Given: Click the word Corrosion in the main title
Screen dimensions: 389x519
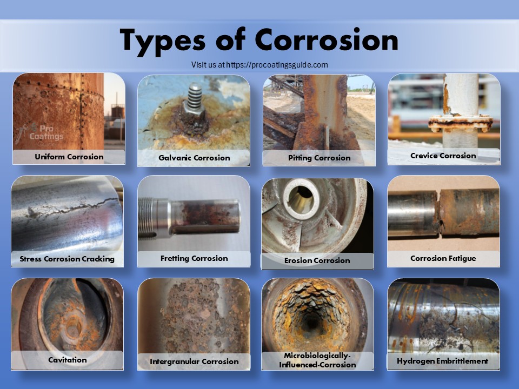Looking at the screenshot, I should click(x=326, y=40).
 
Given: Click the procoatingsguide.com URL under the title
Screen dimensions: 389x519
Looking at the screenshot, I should click(x=277, y=65).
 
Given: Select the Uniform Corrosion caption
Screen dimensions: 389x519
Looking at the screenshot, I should click(x=69, y=157).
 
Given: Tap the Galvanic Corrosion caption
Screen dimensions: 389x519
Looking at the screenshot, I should click(x=194, y=158).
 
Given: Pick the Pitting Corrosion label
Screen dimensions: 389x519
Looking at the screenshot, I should click(x=319, y=158).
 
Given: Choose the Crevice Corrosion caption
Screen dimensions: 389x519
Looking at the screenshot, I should click(x=443, y=156).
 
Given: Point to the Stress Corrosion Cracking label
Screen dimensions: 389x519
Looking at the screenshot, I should click(x=67, y=259).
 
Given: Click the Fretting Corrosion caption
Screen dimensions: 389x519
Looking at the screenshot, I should click(x=194, y=258).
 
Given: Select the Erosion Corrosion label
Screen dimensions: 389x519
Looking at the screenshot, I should click(x=317, y=260).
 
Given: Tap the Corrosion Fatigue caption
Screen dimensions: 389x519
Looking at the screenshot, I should click(x=443, y=258).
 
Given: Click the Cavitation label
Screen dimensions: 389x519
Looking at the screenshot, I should click(x=67, y=359).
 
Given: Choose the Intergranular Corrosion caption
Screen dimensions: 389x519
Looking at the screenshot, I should click(x=194, y=361).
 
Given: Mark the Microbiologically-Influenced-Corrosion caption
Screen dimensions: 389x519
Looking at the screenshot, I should click(x=317, y=360).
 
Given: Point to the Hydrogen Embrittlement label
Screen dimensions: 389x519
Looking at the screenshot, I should click(x=442, y=361).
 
